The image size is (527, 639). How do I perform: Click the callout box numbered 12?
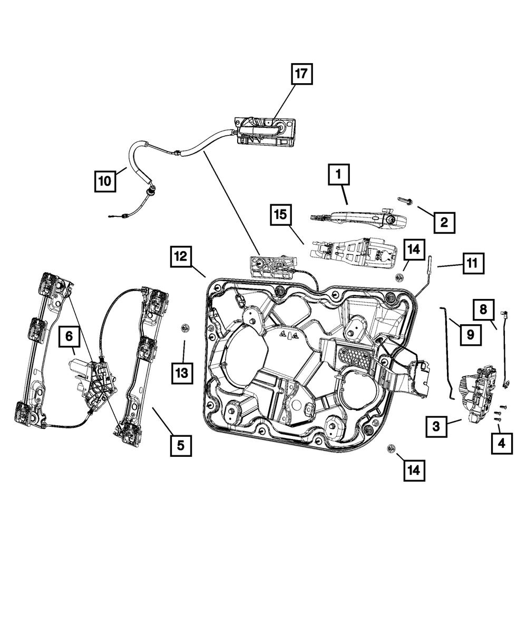[x=181, y=257]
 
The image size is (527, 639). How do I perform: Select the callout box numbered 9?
[x=470, y=334]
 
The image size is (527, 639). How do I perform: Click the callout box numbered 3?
[x=436, y=426]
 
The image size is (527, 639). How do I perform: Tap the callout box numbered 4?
[x=501, y=444]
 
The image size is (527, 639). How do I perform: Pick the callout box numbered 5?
[x=180, y=445]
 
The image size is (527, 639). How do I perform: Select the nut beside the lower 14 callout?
[x=391, y=448]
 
